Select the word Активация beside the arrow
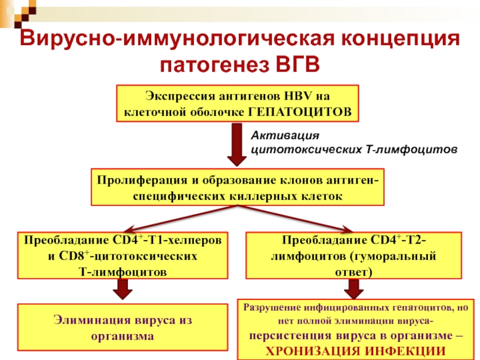point(281,135)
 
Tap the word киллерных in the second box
point(265,196)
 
